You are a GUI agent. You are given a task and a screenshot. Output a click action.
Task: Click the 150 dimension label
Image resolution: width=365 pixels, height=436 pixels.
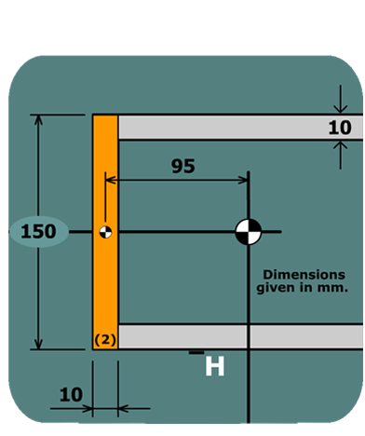pos(38,231)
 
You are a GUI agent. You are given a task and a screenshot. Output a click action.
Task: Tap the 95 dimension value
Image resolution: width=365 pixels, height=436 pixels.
pos(183,166)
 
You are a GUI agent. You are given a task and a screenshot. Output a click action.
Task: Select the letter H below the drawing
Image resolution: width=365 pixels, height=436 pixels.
pos(214,367)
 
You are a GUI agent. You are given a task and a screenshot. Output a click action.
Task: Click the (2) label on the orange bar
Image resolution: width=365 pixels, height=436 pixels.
pos(105,339)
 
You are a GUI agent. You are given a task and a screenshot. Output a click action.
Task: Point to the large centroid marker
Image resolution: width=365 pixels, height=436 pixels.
pos(248,231)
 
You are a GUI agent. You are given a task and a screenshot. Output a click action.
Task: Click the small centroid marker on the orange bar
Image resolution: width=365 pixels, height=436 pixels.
pos(105,231)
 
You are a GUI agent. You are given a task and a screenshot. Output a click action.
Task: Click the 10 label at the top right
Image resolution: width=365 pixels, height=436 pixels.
pos(340,128)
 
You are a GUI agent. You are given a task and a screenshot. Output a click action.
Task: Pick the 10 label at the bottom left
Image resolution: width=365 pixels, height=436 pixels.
pos(71,394)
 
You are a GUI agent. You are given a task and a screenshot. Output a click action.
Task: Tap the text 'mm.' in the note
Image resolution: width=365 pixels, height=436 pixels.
pos(333,288)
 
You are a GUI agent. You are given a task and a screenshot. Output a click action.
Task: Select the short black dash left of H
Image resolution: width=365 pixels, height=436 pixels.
pos(196,352)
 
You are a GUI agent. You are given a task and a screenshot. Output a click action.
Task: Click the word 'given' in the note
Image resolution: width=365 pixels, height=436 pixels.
pos(276,288)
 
